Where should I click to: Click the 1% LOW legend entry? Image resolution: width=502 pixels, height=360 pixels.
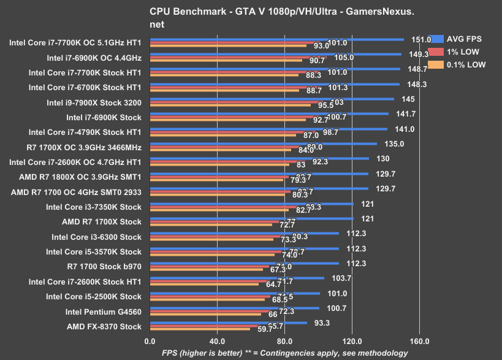tap(459, 52)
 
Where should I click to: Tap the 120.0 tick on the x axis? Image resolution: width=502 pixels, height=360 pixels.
tap(352, 340)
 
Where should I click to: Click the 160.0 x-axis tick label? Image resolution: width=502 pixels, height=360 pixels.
tap(419, 340)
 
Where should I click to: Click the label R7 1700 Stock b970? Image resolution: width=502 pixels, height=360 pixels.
tap(104, 267)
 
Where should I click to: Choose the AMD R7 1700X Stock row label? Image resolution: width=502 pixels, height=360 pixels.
tap(102, 222)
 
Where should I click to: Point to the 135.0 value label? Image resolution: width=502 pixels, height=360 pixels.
tap(393, 144)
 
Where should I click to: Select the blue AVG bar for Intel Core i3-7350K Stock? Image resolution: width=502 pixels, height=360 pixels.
tap(251, 204)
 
